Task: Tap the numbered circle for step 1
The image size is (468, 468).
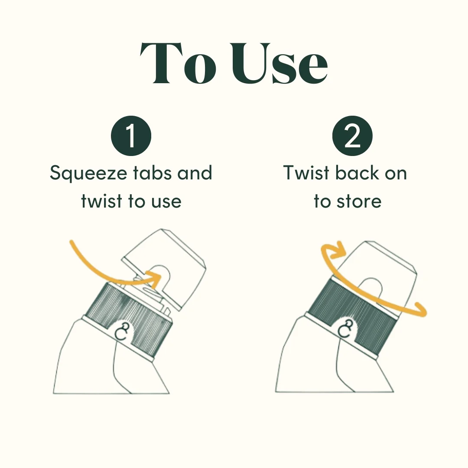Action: [131, 136]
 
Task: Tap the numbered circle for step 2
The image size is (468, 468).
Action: [352, 136]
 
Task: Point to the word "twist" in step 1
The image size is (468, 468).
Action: [101, 201]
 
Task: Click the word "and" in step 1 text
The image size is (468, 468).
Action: [195, 172]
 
